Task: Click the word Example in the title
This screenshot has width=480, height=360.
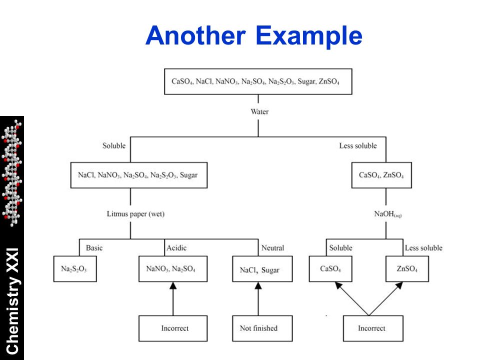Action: coord(308,36)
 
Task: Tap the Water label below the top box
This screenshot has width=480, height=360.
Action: coord(259,111)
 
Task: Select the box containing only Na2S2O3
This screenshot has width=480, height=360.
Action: coord(75,269)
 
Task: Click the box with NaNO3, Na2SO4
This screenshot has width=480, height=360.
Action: coord(173,269)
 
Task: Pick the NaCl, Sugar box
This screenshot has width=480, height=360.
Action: coord(262,269)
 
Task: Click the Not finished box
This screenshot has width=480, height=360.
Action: coord(262,328)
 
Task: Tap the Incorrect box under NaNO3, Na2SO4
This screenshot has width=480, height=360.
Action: coord(173,328)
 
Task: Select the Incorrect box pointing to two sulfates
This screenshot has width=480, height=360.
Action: coord(373,328)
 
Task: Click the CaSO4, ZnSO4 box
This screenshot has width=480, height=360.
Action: coord(381,175)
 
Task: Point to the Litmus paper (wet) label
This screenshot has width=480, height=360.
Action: coord(135,213)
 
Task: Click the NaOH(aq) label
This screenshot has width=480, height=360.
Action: coord(387,213)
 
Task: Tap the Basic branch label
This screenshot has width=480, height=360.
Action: coord(94,247)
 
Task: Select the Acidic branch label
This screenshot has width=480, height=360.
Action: coord(176,247)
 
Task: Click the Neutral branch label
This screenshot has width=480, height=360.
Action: coord(272,247)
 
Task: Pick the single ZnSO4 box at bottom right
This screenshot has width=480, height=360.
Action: coord(407,269)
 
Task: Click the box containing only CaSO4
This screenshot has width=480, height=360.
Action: coord(330,269)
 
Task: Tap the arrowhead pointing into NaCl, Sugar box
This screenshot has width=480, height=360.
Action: coord(258,285)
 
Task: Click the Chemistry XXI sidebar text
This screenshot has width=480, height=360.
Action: coord(12,301)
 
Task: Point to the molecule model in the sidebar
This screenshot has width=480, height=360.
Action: coord(12,173)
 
